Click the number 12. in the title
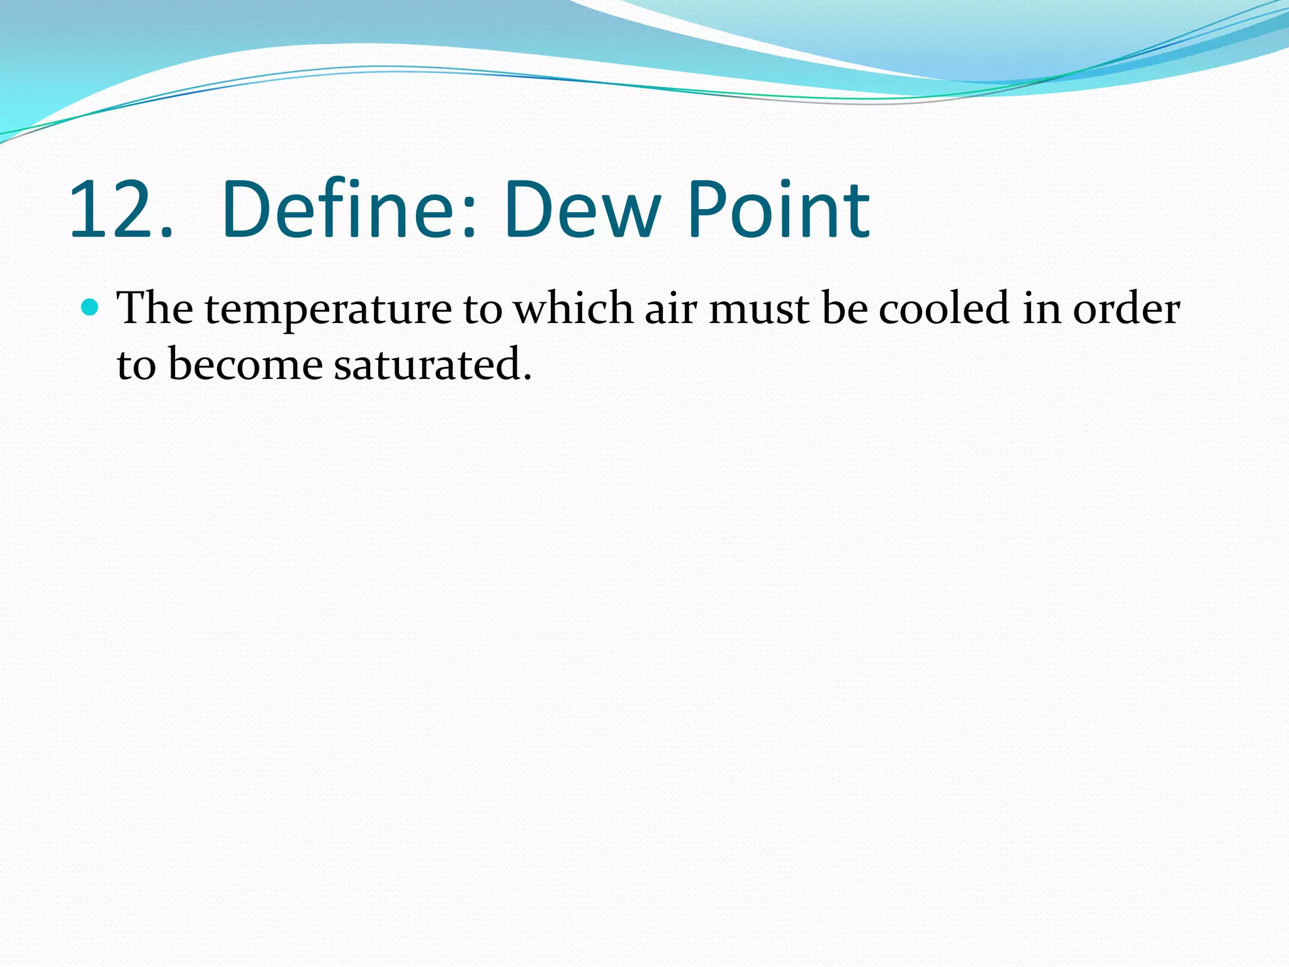(120, 210)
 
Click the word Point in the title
(778, 210)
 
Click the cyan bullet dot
(91, 307)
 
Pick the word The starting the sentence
(155, 308)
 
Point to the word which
(573, 308)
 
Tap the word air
(671, 308)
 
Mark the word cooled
(944, 308)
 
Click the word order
(1126, 308)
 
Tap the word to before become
(136, 365)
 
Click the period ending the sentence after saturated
(527, 378)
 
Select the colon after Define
(468, 217)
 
